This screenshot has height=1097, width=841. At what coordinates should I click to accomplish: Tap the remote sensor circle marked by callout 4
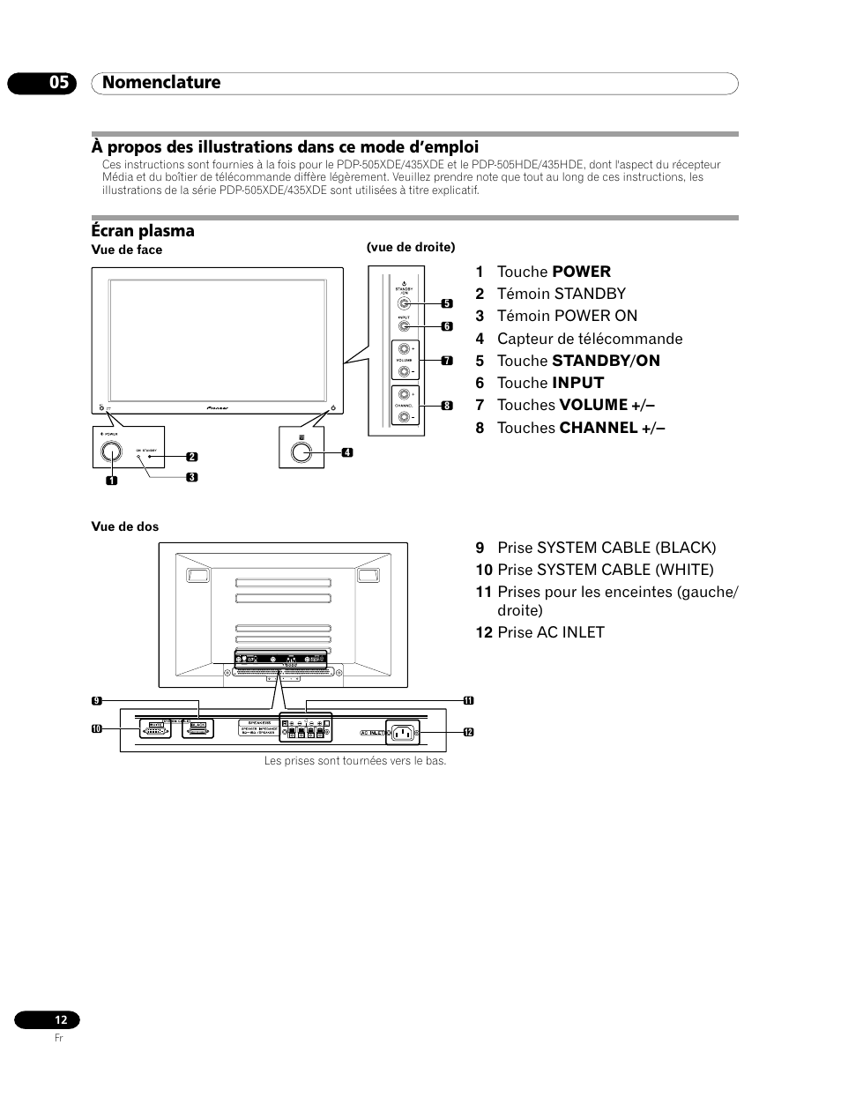(301, 451)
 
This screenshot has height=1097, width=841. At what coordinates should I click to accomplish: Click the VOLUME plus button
(404, 350)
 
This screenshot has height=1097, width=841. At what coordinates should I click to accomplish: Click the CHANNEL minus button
(404, 416)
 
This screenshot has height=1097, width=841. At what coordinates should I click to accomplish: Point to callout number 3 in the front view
(192, 477)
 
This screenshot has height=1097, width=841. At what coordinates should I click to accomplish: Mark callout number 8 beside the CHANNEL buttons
(447, 406)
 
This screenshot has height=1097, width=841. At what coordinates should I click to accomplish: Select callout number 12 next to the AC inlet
(468, 733)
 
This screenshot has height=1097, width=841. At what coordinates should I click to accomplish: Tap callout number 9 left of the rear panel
(97, 701)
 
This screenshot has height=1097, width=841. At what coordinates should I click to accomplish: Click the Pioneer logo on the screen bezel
(218, 409)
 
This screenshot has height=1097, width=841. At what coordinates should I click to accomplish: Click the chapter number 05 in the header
(58, 83)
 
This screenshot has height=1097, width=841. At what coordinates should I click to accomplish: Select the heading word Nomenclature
(161, 83)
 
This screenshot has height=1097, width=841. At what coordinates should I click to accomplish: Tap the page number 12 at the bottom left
(60, 1019)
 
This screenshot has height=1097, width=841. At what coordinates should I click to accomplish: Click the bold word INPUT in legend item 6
(577, 383)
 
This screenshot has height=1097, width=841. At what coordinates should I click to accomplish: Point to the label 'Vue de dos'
(125, 526)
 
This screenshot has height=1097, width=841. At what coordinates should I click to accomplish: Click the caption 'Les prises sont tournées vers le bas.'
(355, 760)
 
